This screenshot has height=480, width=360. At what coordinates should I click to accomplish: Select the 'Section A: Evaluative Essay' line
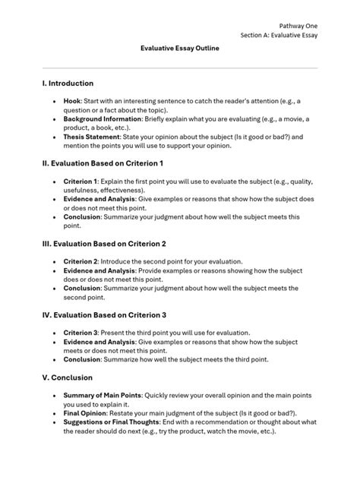(x=279, y=35)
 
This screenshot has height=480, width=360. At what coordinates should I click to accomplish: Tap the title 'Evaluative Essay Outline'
(x=179, y=47)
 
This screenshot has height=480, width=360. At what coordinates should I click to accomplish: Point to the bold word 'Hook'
(x=72, y=100)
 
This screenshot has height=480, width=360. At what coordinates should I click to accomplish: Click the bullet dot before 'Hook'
(x=53, y=101)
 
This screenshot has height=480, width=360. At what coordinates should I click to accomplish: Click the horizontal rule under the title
(x=179, y=68)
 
